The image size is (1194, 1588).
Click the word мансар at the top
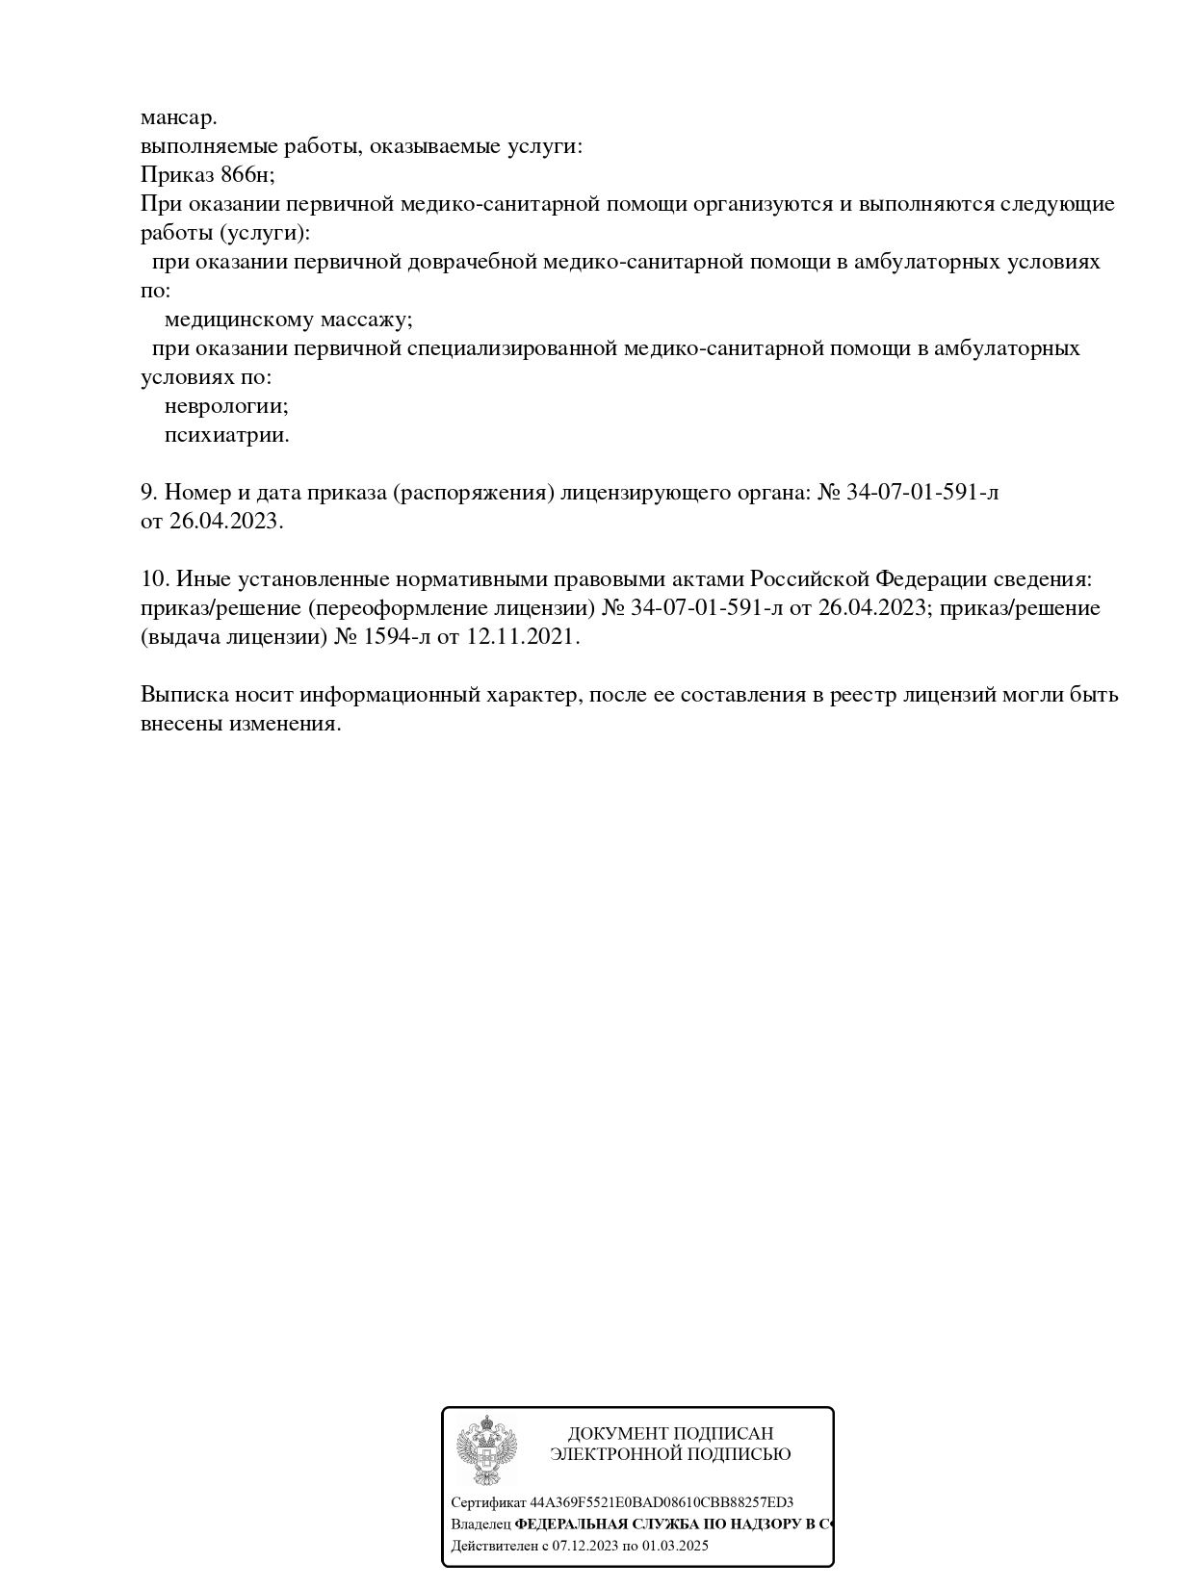(178, 118)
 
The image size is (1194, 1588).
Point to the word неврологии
(226, 406)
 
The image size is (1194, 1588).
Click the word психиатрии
(226, 435)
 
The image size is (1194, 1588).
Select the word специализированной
(511, 348)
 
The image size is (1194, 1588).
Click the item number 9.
(148, 493)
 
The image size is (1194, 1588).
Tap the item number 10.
(154, 579)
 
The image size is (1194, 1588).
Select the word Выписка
(183, 695)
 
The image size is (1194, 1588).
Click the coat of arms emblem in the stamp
(486, 1450)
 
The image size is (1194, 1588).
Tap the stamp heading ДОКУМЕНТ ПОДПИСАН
(670, 1433)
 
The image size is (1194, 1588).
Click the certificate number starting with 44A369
(662, 1502)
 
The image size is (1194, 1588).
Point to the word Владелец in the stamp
(480, 1524)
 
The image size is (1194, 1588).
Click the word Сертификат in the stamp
(488, 1502)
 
